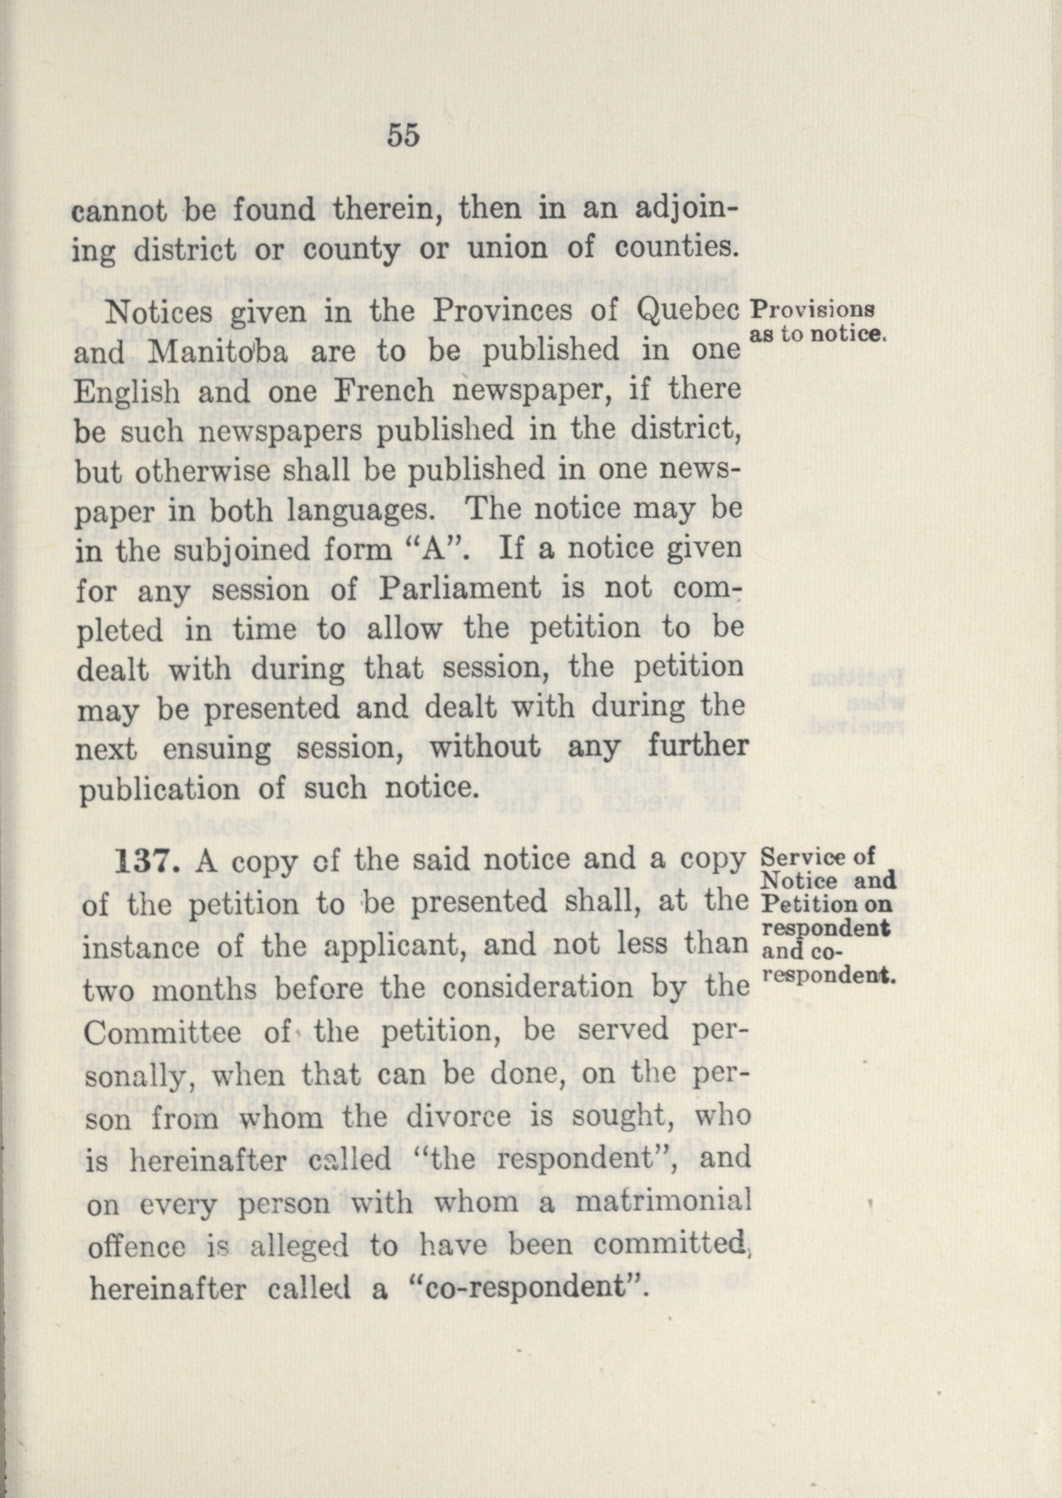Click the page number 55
(403, 136)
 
